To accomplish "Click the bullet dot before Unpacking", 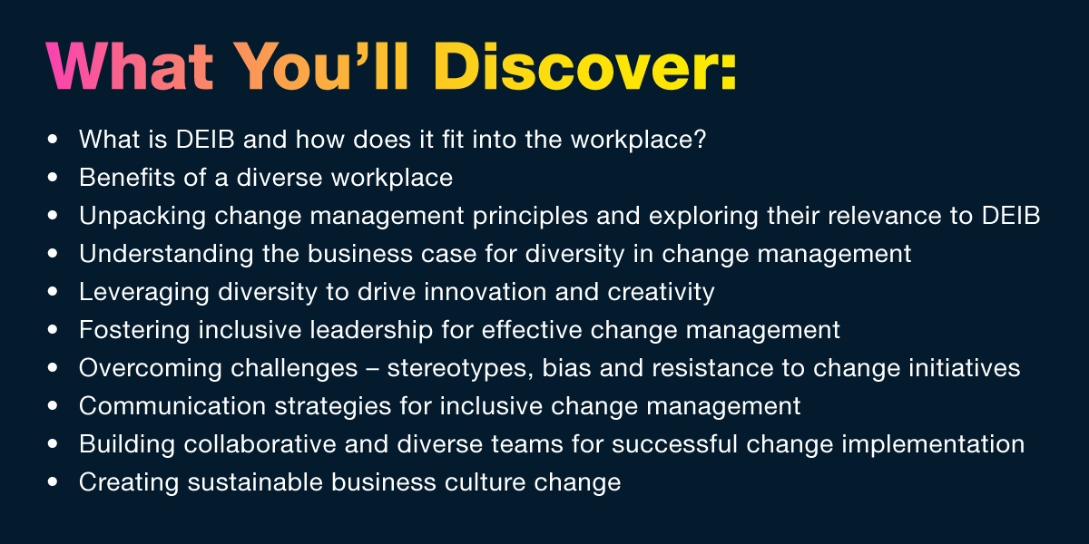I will [53, 217].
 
